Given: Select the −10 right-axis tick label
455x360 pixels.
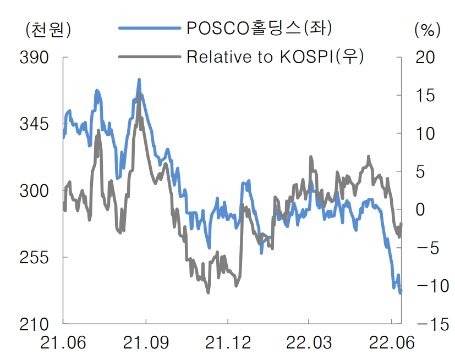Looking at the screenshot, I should [427, 286].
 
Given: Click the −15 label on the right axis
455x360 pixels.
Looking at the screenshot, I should [427, 324].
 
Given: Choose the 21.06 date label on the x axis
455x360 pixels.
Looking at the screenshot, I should [63, 343].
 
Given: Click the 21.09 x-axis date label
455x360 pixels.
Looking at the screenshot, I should [146, 343].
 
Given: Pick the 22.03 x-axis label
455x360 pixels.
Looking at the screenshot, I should [309, 343].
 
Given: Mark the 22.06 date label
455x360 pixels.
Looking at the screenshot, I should [392, 343].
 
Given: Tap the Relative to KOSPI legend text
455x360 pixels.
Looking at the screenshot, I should [275, 56].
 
